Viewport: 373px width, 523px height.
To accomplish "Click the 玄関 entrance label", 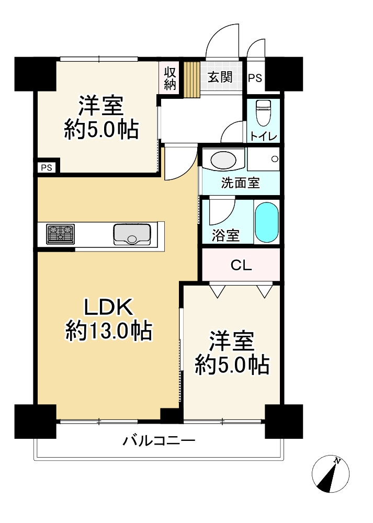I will [x=220, y=77].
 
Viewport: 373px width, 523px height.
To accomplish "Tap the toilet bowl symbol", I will [x=262, y=112].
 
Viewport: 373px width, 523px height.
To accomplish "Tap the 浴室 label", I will [x=226, y=236].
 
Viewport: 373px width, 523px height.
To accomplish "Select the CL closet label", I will [x=241, y=265].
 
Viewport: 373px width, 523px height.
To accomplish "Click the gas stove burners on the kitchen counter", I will [x=61, y=234].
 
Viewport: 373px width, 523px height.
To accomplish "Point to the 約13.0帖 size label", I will [x=109, y=331].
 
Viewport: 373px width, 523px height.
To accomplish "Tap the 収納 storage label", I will [x=170, y=78].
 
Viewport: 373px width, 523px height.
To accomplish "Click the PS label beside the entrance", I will [x=255, y=78].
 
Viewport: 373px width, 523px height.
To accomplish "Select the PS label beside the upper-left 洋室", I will [x=47, y=168].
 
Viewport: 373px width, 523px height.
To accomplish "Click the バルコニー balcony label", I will [x=159, y=441].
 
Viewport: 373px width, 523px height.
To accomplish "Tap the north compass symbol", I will [x=330, y=474].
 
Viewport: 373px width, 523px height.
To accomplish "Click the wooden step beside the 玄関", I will [x=191, y=79].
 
